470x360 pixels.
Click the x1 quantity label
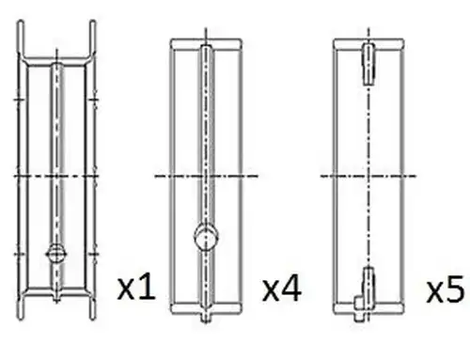[136, 288]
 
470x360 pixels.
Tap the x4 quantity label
[282, 289]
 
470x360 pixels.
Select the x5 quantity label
[446, 289]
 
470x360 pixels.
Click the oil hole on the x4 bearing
[206, 237]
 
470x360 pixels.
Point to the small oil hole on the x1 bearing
[56, 253]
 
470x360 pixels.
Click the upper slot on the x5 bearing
[368, 64]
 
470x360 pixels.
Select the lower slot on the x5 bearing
[368, 284]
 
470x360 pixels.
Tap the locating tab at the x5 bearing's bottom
[359, 308]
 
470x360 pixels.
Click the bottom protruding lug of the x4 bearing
[206, 318]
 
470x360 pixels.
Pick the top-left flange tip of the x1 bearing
[20, 22]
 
